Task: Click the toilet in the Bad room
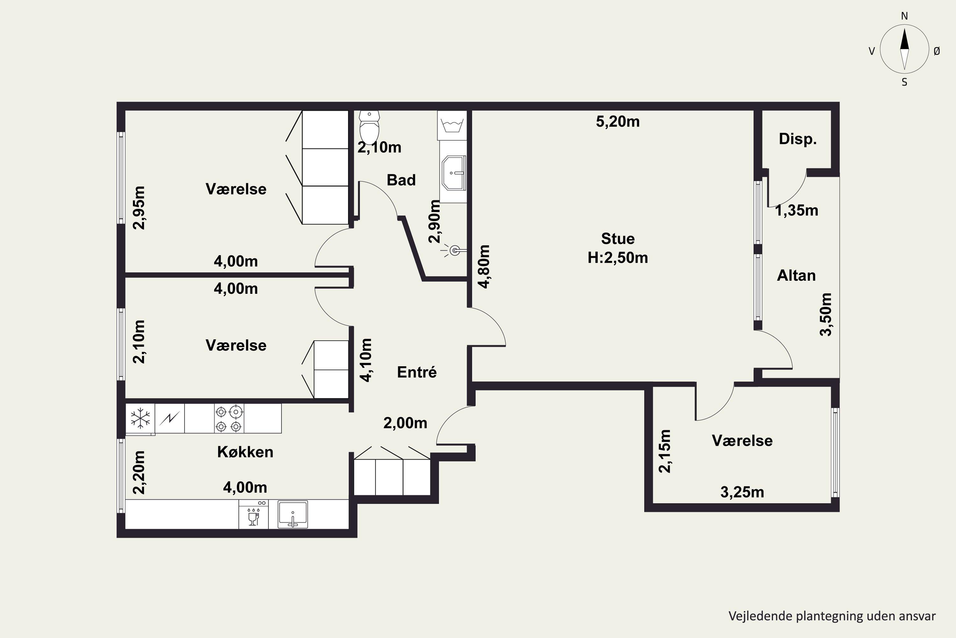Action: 369,127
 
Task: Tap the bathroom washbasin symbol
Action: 453,173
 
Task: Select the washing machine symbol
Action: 452,125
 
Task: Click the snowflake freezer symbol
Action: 140,418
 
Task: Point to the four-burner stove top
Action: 229,418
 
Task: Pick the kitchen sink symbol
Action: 293,514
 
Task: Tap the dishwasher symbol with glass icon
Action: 253,514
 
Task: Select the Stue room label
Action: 618,238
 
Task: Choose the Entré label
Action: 416,372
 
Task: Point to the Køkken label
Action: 245,452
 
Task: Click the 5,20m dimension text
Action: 618,122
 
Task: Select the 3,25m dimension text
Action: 742,492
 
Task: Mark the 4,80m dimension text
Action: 484,266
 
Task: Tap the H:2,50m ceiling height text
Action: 618,257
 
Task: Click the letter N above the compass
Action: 904,16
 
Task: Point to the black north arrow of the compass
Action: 904,39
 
